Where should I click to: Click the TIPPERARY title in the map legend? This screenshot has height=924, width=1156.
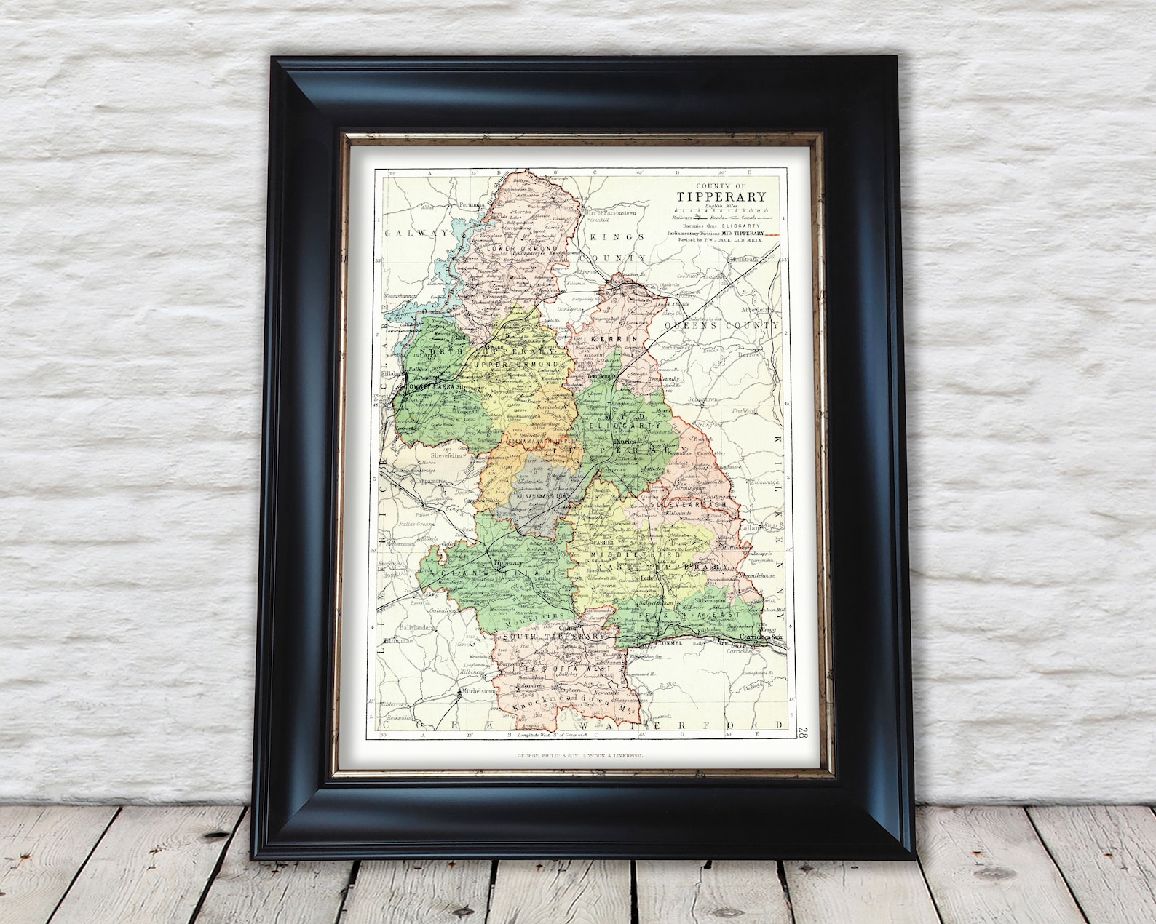click(721, 196)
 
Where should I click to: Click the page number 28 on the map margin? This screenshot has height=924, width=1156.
click(801, 733)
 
